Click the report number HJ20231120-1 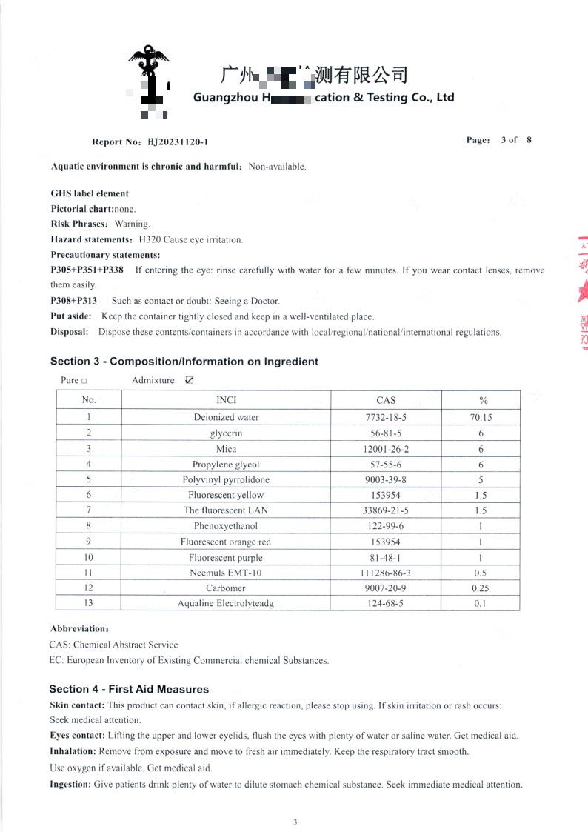(177, 142)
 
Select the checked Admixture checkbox (190, 380)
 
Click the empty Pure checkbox (84, 381)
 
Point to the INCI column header (226, 400)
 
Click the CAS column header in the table (386, 400)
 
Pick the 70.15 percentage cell (481, 417)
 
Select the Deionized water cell (226, 417)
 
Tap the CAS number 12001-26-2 (387, 449)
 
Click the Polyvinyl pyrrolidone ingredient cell (226, 479)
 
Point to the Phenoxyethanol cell (226, 526)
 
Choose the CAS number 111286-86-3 (387, 573)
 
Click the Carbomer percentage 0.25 (481, 588)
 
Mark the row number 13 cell (89, 603)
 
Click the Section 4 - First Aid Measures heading (129, 689)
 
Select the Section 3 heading (184, 362)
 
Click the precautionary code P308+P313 (73, 301)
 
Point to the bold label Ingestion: (70, 784)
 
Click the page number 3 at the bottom (295, 822)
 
